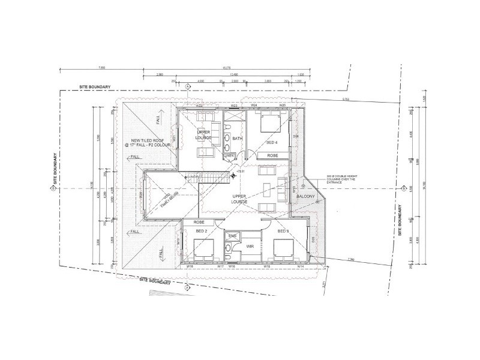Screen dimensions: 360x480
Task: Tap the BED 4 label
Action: point(272,143)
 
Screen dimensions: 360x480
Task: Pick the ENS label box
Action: point(231,236)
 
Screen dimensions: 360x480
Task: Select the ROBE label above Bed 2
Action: point(200,222)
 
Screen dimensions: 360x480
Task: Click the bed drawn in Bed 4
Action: point(269,124)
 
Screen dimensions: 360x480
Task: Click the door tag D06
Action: point(295,136)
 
